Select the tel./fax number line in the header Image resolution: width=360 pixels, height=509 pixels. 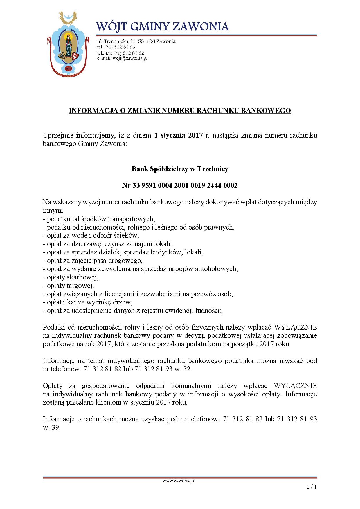coord(120,53)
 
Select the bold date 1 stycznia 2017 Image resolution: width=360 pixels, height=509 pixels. coord(178,136)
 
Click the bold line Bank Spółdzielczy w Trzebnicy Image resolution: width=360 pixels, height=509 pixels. coord(180,169)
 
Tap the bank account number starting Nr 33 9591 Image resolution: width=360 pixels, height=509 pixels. coord(180,185)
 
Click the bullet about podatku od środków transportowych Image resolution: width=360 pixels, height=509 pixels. coord(99,219)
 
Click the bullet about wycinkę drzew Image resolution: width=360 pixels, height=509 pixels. coord(87,302)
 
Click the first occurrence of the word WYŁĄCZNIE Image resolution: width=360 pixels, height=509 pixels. coord(295,327)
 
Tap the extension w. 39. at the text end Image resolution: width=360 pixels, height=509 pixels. coord(52,428)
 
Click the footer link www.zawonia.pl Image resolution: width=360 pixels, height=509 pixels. coord(179,481)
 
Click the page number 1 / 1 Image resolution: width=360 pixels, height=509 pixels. coord(312,487)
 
